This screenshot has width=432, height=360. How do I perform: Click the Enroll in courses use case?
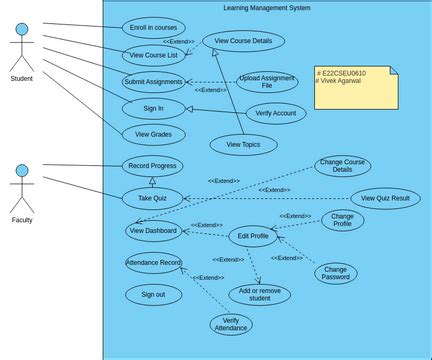(x=153, y=28)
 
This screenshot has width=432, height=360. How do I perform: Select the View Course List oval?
(x=153, y=55)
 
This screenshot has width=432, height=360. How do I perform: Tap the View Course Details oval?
(x=243, y=41)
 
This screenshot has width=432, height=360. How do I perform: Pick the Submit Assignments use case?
(x=154, y=82)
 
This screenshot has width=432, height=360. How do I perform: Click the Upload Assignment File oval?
(x=267, y=82)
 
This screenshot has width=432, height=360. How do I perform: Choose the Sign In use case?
(x=154, y=109)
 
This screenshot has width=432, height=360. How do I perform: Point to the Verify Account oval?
(x=276, y=113)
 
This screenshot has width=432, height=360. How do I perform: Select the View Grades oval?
(x=154, y=134)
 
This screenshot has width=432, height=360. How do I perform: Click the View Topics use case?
(x=243, y=145)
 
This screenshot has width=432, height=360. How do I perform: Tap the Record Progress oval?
(x=153, y=166)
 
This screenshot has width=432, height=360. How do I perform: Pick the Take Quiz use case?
(x=152, y=198)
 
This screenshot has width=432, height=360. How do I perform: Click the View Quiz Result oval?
(x=385, y=198)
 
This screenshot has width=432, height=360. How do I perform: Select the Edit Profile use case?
(x=252, y=236)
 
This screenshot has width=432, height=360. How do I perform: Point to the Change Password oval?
(x=335, y=272)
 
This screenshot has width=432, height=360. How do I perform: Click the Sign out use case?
(x=153, y=295)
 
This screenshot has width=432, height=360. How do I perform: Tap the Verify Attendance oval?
(x=231, y=324)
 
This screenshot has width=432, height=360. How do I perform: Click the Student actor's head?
(x=22, y=30)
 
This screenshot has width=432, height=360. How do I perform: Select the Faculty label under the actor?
(x=22, y=219)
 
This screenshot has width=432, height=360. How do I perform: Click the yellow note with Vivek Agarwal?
(x=342, y=87)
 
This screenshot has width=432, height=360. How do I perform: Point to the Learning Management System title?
(x=267, y=8)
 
